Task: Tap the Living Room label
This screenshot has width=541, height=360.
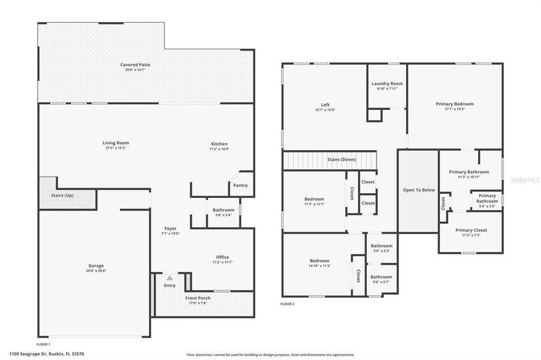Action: (115, 143)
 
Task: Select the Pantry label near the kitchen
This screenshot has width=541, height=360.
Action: (240, 185)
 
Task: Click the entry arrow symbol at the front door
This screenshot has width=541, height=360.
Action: (170, 278)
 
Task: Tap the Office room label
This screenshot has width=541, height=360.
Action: (222, 257)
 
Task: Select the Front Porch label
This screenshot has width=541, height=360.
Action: (198, 298)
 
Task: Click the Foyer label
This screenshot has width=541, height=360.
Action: (171, 229)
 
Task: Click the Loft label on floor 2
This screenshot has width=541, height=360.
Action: (325, 105)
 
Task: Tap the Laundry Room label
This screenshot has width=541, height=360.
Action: (387, 83)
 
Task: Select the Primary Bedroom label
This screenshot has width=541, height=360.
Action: (455, 104)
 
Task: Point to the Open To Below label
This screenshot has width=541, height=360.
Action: (419, 190)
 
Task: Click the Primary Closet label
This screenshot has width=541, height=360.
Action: (471, 230)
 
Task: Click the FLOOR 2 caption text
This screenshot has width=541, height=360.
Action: (288, 304)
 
